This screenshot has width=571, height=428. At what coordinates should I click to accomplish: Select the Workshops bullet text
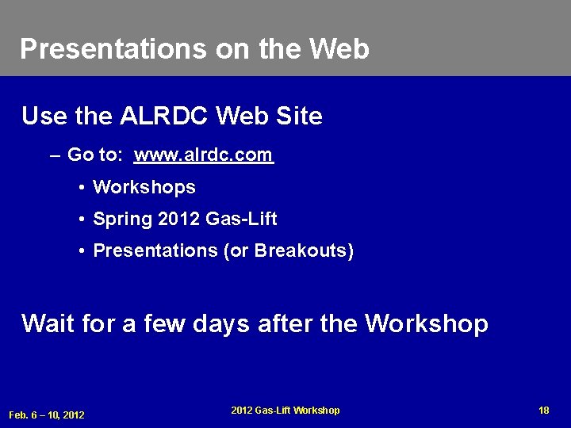click(x=144, y=188)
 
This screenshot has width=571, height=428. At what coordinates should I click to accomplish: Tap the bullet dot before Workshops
click(x=82, y=189)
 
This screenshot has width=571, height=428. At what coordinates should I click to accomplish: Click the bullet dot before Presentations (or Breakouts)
click(x=82, y=252)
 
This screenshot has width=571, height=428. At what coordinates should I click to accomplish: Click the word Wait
click(x=48, y=323)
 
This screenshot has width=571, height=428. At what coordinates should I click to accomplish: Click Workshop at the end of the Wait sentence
click(x=427, y=323)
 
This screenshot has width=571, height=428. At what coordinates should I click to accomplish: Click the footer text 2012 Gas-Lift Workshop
click(x=285, y=410)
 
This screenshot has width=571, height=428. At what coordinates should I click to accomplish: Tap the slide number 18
click(x=543, y=410)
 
